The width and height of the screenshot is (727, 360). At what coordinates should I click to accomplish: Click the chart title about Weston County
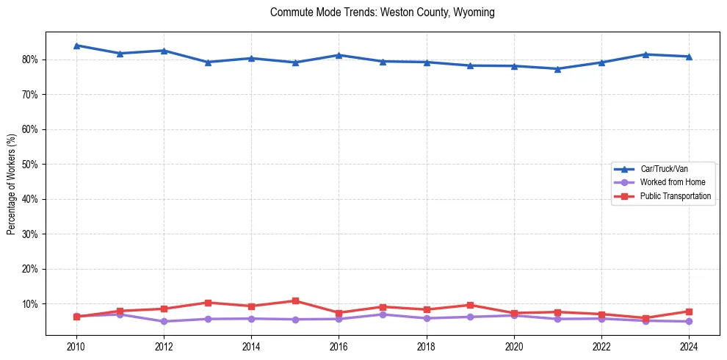tap(382, 12)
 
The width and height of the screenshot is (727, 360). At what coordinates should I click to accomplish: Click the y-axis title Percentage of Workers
tap(12, 184)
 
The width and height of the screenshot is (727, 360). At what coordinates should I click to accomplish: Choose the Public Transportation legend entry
tap(675, 196)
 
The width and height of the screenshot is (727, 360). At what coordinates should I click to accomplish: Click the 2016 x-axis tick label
tap(339, 346)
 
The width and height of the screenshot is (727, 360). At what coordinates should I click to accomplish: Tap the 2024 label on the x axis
tap(689, 346)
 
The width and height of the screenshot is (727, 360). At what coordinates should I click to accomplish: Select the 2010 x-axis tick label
tap(76, 346)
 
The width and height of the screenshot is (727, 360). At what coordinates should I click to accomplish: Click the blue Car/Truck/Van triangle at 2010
tap(76, 46)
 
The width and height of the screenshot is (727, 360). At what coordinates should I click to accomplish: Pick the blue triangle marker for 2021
tap(557, 69)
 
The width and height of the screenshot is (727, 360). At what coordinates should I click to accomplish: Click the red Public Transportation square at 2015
tap(295, 300)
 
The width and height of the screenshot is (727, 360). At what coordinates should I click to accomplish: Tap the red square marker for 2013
tap(208, 303)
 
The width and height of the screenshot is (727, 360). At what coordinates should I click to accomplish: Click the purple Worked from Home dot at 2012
tap(164, 321)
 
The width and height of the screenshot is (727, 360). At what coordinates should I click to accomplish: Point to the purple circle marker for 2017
tap(383, 314)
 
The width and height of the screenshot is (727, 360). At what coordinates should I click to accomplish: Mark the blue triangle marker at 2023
tap(645, 54)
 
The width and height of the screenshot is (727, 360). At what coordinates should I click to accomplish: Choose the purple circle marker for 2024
tap(689, 321)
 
